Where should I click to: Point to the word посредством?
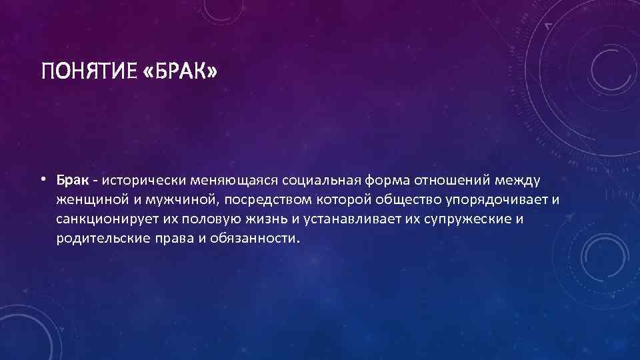(x=259, y=199)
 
